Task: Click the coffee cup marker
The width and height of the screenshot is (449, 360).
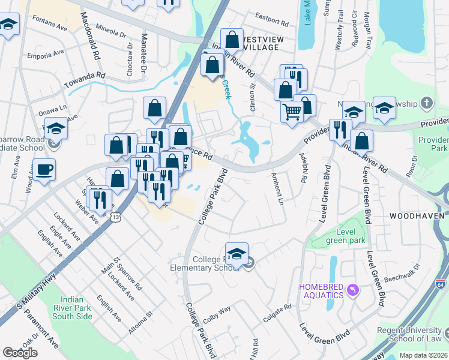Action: [44, 169]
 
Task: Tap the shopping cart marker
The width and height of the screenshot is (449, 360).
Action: [292, 111]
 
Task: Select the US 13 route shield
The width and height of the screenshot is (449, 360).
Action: [113, 217]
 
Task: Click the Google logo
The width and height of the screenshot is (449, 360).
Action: [20, 353]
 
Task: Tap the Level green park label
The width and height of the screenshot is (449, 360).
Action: [346, 236]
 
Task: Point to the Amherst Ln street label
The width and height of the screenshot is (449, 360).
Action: [276, 189]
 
